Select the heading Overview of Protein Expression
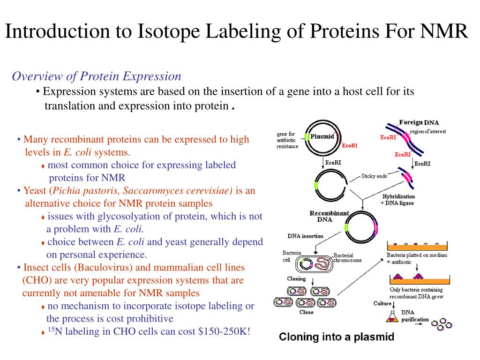click(x=96, y=76)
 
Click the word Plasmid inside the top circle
click(x=322, y=136)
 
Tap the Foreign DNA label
click(x=419, y=122)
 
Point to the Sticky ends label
click(x=374, y=176)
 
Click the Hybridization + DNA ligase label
click(x=398, y=199)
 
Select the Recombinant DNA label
click(x=329, y=216)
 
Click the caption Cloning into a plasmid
click(x=337, y=337)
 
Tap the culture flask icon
click(x=390, y=317)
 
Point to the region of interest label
click(x=427, y=131)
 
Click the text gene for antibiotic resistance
click(x=287, y=140)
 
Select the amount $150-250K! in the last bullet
click(x=225, y=331)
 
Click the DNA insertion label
click(x=305, y=236)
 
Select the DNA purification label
click(x=415, y=316)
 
